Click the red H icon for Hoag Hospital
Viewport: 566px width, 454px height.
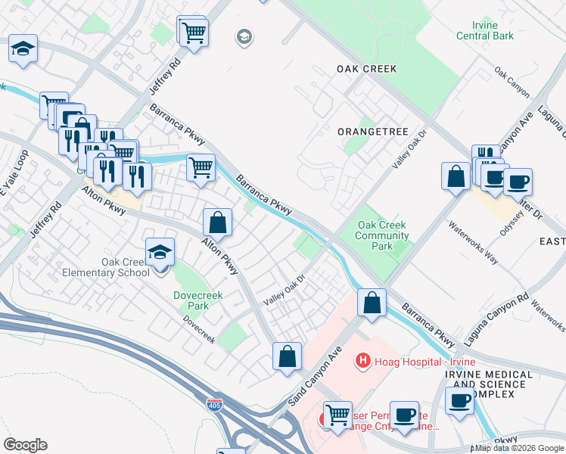[x=363, y=361]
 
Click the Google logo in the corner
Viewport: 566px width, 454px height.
[x=26, y=444]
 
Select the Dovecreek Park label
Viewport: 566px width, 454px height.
[x=191, y=301]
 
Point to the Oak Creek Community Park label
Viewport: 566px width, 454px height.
[x=382, y=235]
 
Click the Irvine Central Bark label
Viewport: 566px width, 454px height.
[x=485, y=30]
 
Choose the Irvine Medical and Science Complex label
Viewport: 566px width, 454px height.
[x=488, y=384]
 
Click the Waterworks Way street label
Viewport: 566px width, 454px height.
[x=473, y=242]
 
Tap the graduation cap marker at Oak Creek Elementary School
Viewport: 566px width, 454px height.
[x=160, y=251]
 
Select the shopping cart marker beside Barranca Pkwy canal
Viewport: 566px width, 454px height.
[x=201, y=166]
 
